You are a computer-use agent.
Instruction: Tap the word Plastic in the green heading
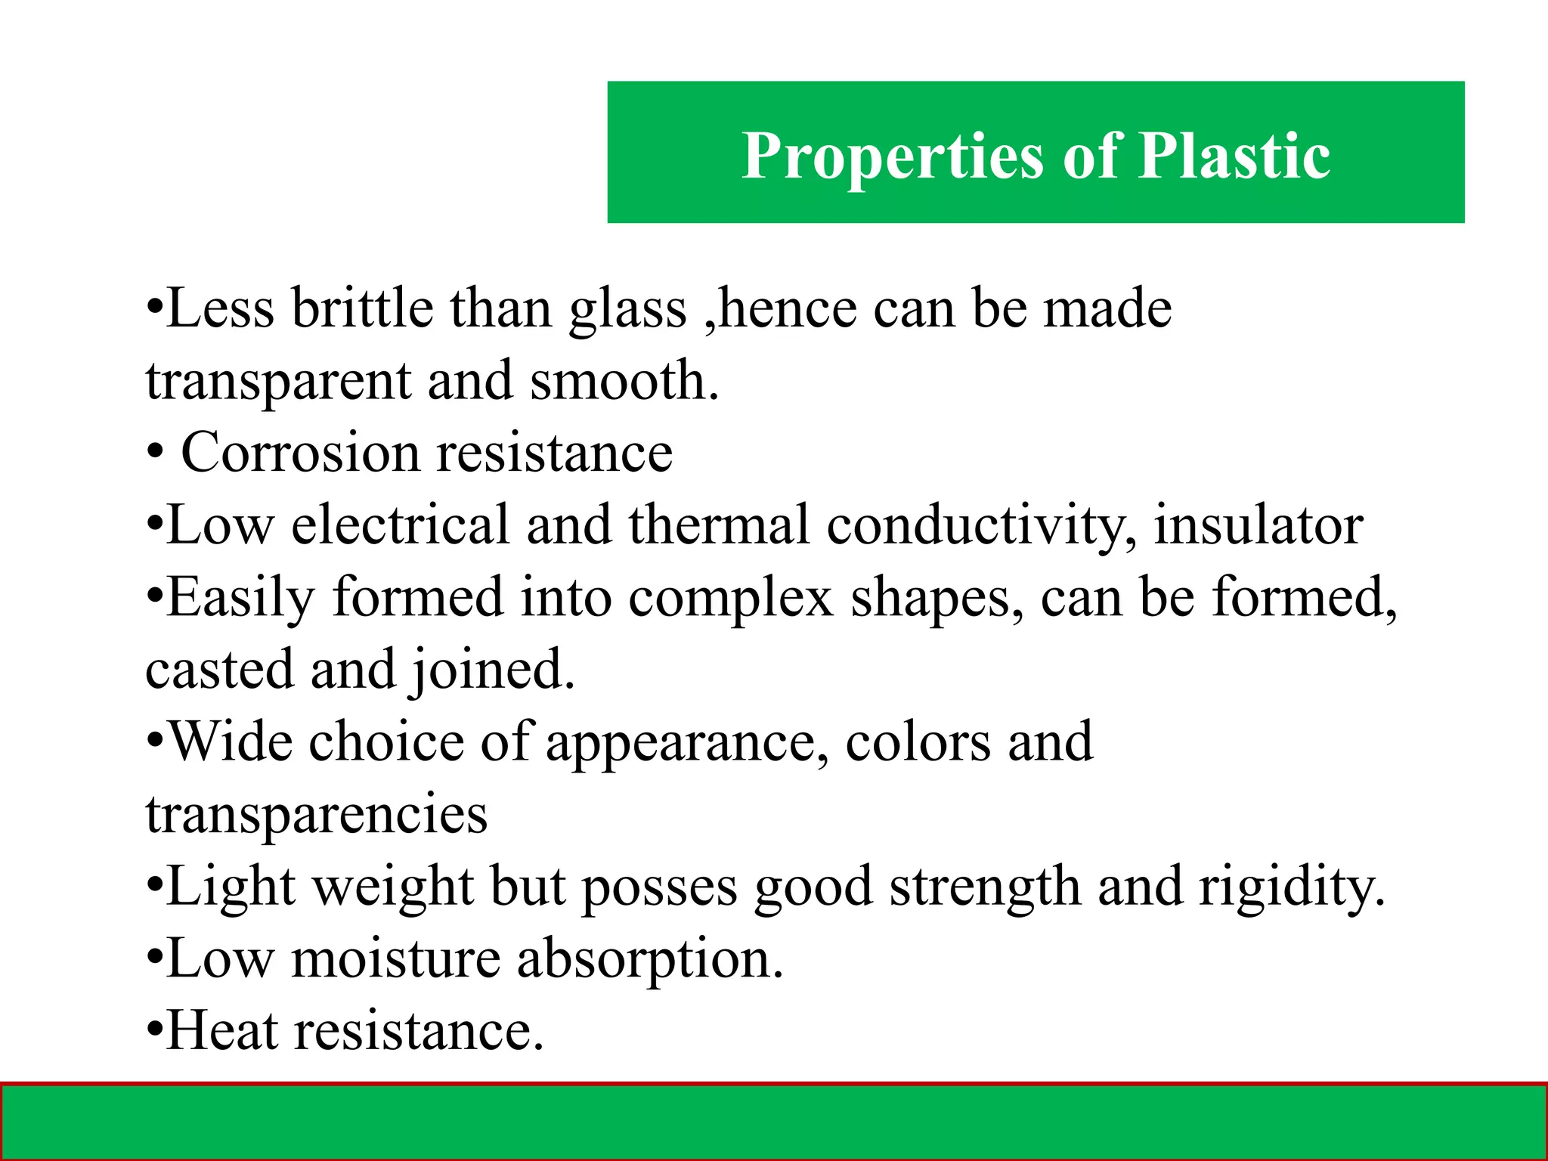pyautogui.click(x=1234, y=156)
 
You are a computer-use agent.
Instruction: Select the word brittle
pyautogui.click(x=362, y=309)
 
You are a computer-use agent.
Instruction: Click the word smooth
pyautogui.click(x=624, y=381)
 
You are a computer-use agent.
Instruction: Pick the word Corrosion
pyautogui.click(x=300, y=454)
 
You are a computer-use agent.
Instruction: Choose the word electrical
pyautogui.click(x=400, y=525)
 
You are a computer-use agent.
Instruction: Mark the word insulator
pyautogui.click(x=1259, y=525)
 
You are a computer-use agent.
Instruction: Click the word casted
pyautogui.click(x=219, y=670)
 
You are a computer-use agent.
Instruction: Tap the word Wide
pyautogui.click(x=230, y=741)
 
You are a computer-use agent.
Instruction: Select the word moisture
pyautogui.click(x=396, y=959)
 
